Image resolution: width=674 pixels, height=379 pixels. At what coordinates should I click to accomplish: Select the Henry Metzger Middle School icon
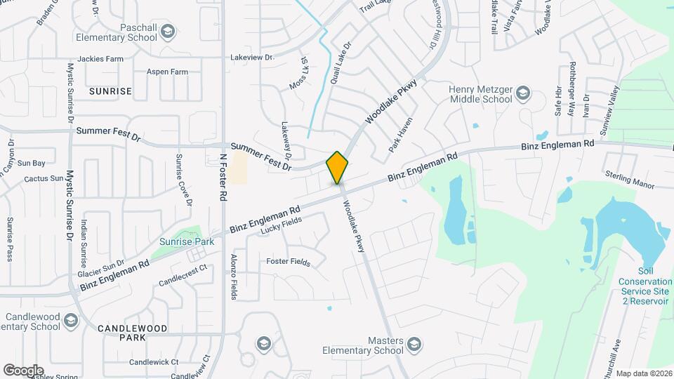pos(522,93)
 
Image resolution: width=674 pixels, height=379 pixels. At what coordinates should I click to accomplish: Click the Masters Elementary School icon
pos(414,344)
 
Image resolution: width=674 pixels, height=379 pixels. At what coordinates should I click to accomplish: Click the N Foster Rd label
pos(223,180)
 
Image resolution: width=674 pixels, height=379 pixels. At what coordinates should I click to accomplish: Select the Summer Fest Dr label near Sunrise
pos(109,131)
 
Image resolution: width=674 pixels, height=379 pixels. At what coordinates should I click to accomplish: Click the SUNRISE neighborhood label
pos(110,91)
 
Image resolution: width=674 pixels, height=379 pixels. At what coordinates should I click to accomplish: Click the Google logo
pos(23,370)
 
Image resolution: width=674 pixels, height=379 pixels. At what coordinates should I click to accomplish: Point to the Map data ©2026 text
pos(643,373)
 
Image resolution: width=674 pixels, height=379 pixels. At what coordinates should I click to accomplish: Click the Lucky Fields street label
pos(281,225)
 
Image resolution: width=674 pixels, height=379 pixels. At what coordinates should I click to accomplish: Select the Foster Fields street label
pos(288,262)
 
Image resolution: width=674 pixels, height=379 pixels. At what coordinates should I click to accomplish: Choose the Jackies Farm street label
pos(100,59)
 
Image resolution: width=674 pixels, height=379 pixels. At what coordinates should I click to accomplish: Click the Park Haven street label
pos(401,135)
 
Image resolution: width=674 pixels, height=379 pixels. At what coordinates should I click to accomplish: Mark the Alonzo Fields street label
pos(234,277)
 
